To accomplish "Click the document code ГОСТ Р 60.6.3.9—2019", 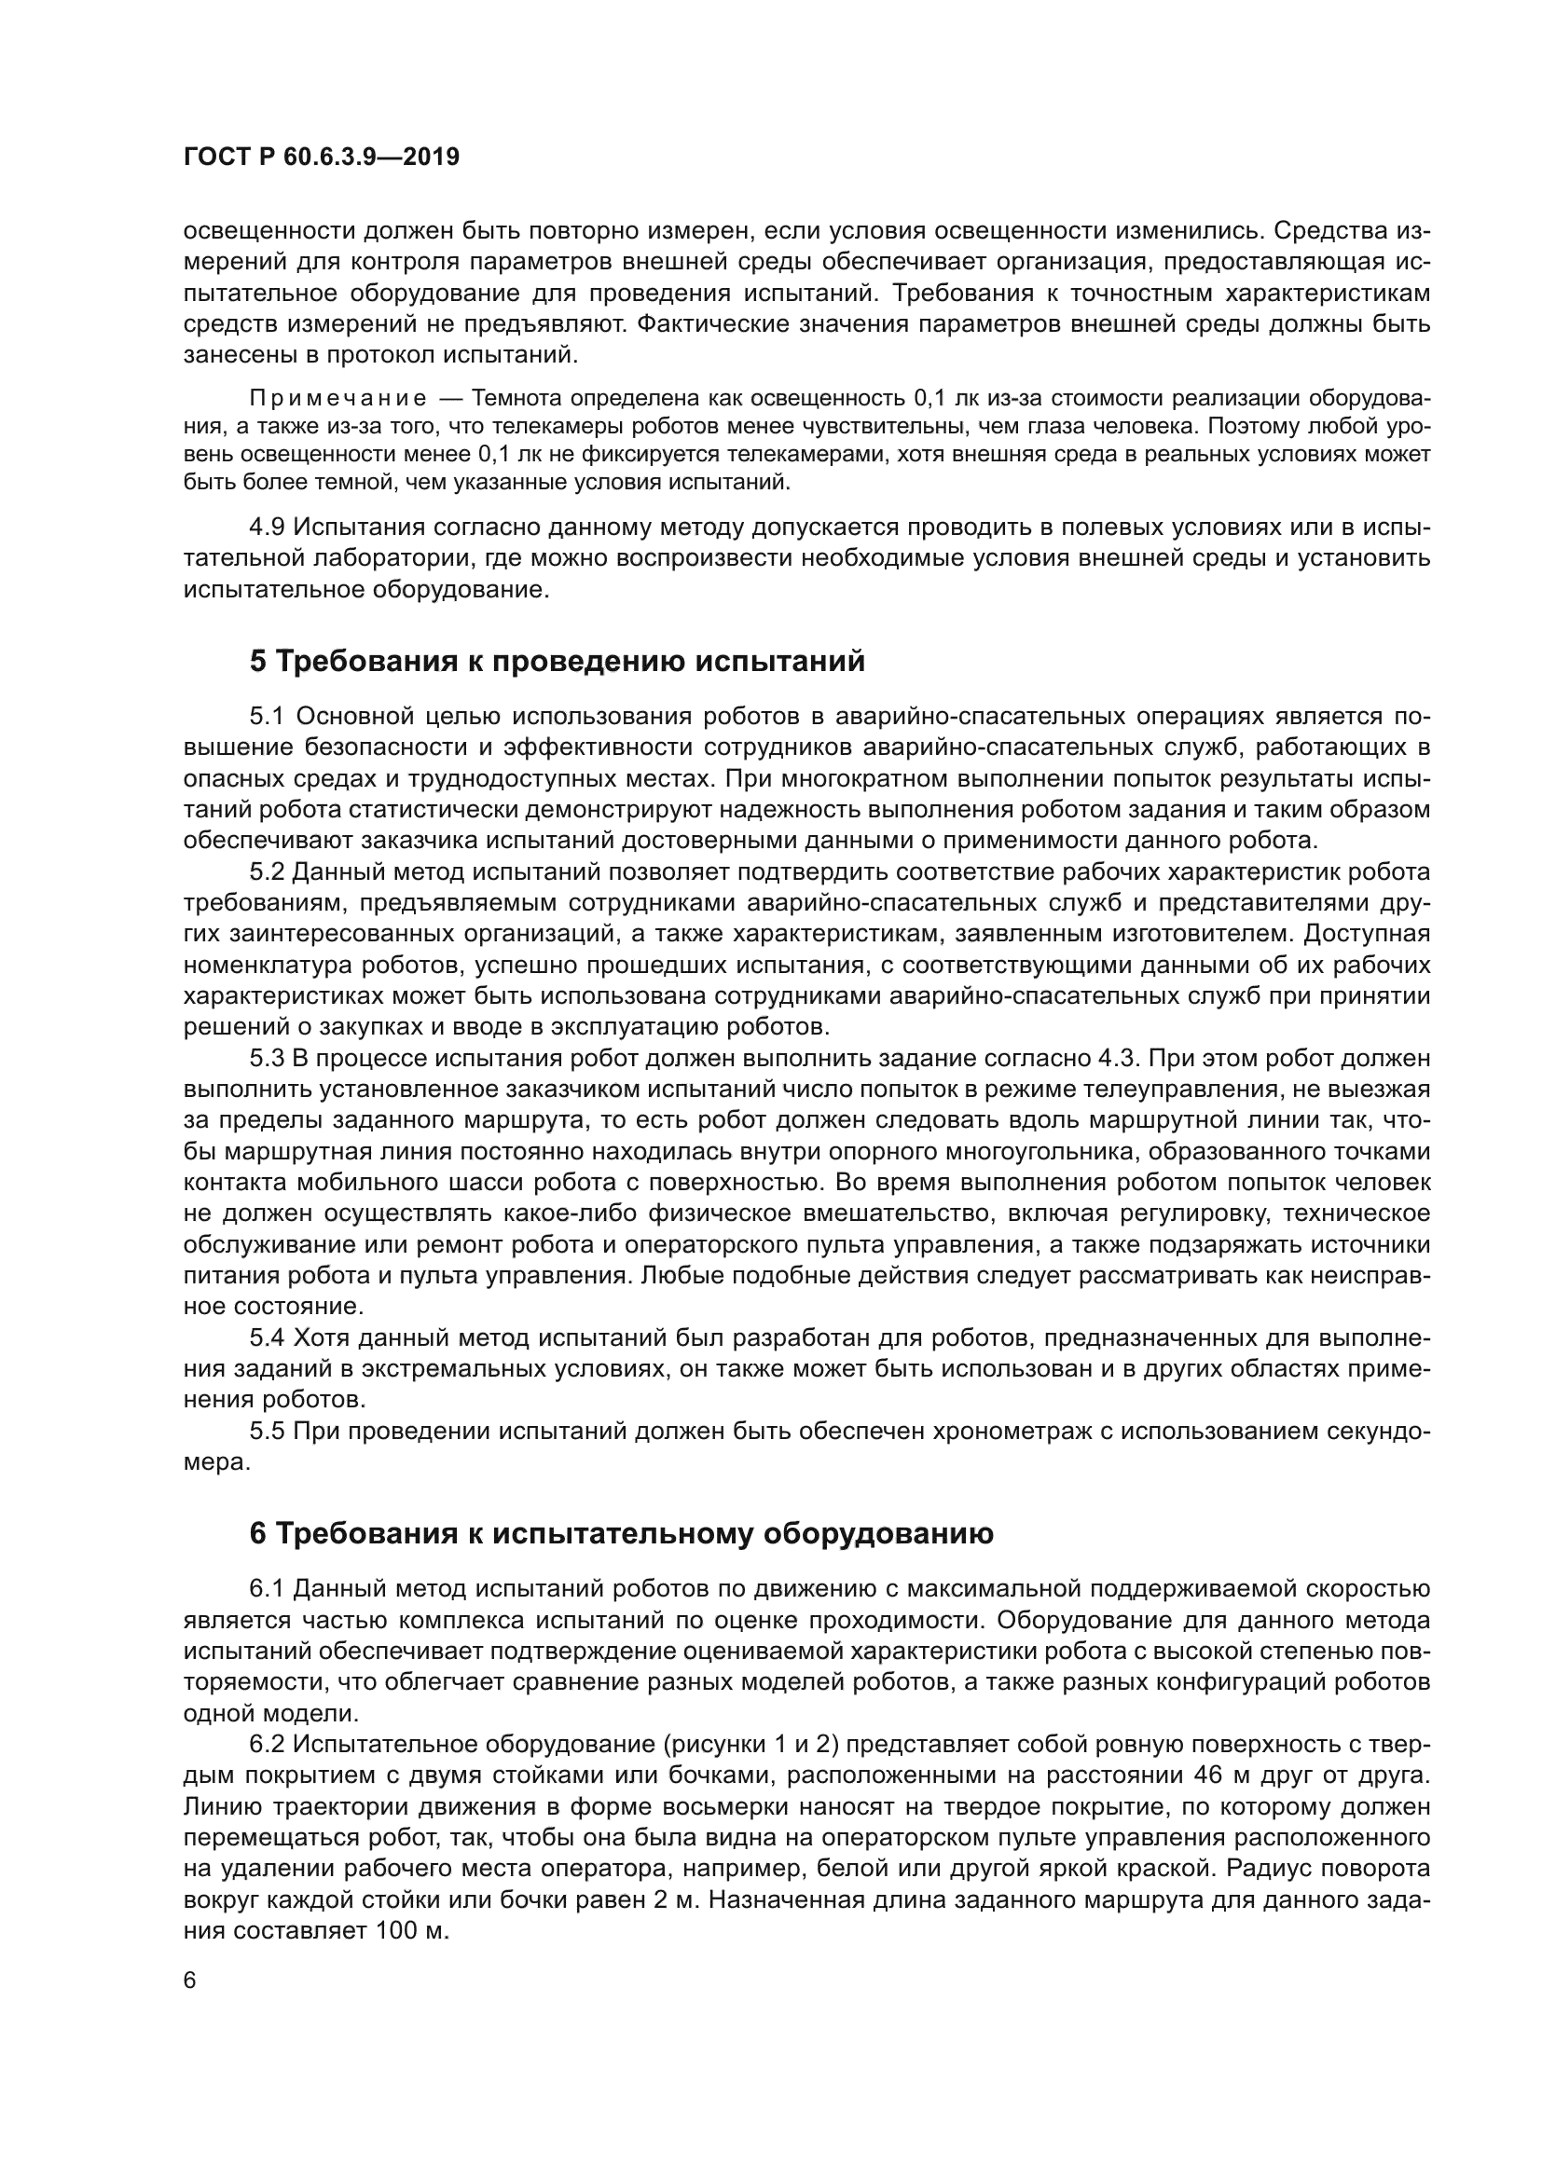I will coord(321,157).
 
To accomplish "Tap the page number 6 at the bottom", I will coord(190,1981).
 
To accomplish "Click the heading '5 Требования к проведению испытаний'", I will coord(558,661).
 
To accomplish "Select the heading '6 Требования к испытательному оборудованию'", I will coord(621,1533).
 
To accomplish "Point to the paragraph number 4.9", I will coord(267,527).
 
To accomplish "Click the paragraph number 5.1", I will coord(267,716).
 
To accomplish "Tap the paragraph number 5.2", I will coord(267,871).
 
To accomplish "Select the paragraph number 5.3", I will coord(267,1058).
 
